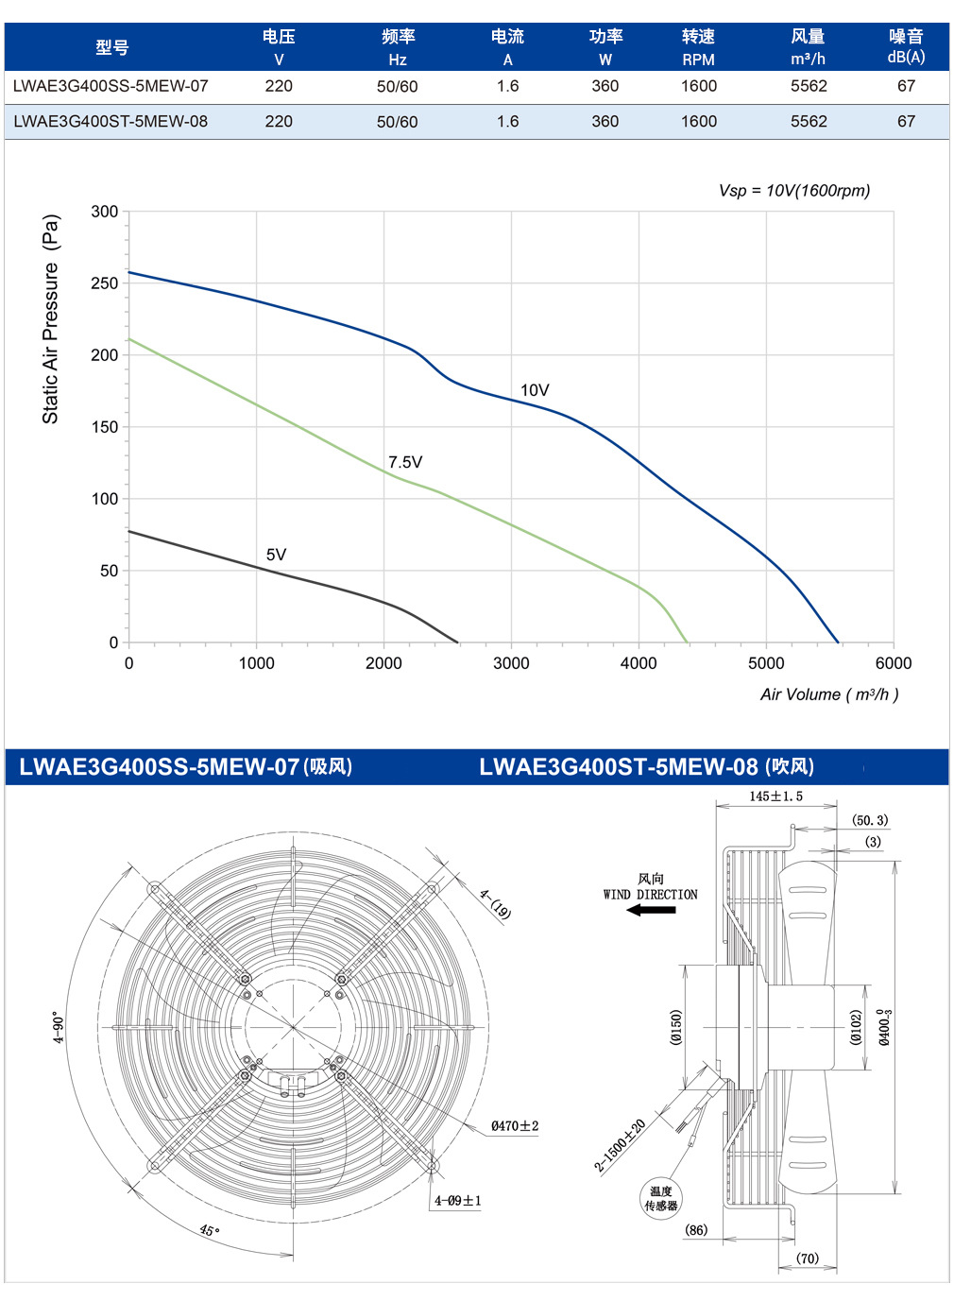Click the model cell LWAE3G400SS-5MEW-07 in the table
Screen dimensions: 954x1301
coord(111,86)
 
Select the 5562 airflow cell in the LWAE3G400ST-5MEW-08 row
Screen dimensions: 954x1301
coord(809,121)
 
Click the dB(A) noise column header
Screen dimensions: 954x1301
coord(906,57)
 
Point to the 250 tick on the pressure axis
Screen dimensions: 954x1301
coord(105,283)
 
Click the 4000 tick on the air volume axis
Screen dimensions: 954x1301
coord(639,663)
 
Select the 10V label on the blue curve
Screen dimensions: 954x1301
coord(535,390)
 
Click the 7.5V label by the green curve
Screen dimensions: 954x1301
coord(405,462)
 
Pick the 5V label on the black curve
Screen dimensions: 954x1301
coord(277,555)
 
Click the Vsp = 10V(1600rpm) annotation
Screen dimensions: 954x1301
coord(794,191)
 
